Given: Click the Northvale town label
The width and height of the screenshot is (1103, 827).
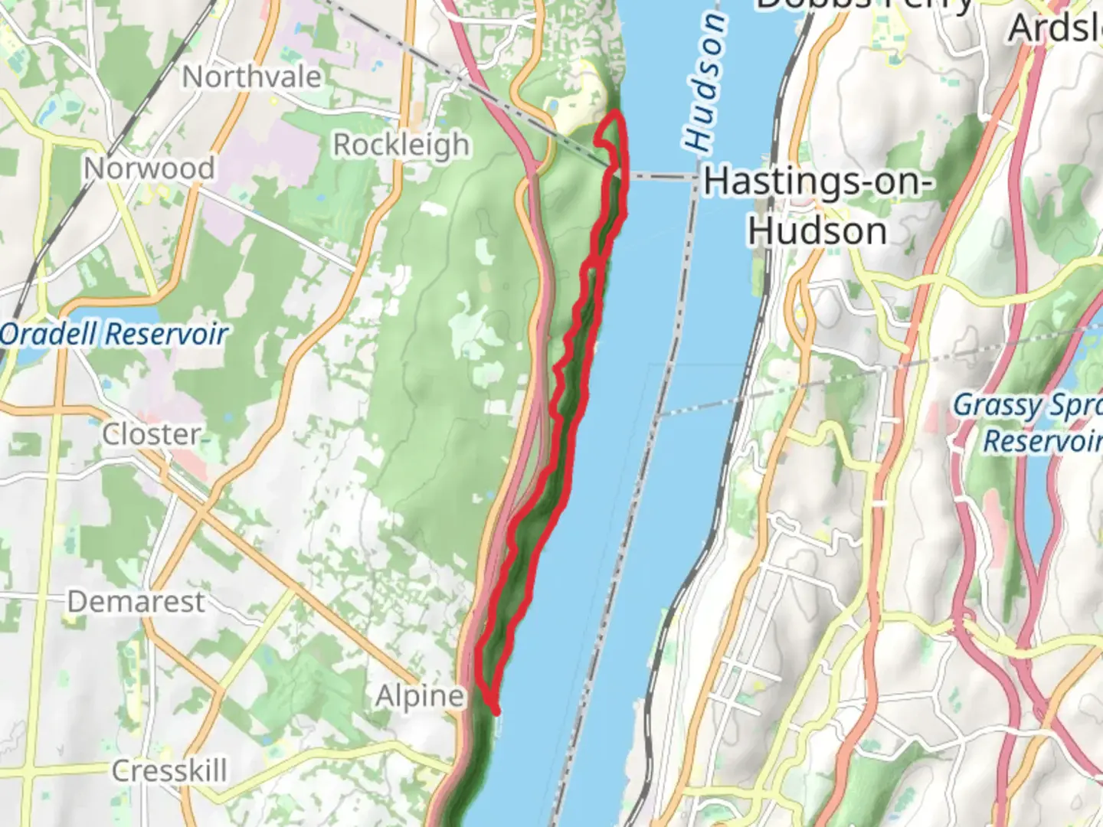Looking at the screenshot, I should click(251, 77).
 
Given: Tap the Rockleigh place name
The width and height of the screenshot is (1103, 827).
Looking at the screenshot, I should click(401, 145).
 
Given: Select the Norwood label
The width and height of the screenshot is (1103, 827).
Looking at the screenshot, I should click(149, 168).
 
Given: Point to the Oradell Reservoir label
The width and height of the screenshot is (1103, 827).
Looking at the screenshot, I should click(113, 335).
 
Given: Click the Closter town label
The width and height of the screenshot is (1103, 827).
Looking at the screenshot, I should click(152, 435).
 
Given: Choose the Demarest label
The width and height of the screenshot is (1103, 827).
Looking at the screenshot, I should click(136, 602).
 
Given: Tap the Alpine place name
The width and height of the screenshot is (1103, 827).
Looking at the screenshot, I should click(420, 696).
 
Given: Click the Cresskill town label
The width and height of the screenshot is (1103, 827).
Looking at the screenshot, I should click(169, 770).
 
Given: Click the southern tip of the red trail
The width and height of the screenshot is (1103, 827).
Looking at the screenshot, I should click(496, 711).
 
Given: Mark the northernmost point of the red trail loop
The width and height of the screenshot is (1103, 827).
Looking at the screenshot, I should click(614, 113).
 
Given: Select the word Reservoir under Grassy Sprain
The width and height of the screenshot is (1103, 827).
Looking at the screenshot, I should click(1042, 442).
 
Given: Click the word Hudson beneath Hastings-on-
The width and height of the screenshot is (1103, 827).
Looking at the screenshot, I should click(817, 231).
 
